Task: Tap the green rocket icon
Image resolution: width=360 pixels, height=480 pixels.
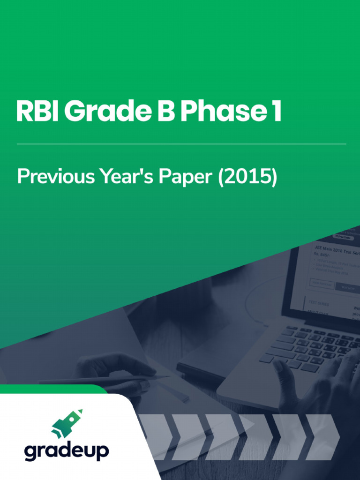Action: tap(67, 424)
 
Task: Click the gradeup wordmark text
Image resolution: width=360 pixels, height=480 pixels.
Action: tap(67, 451)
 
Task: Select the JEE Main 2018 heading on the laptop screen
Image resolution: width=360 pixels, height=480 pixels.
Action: tap(335, 250)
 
